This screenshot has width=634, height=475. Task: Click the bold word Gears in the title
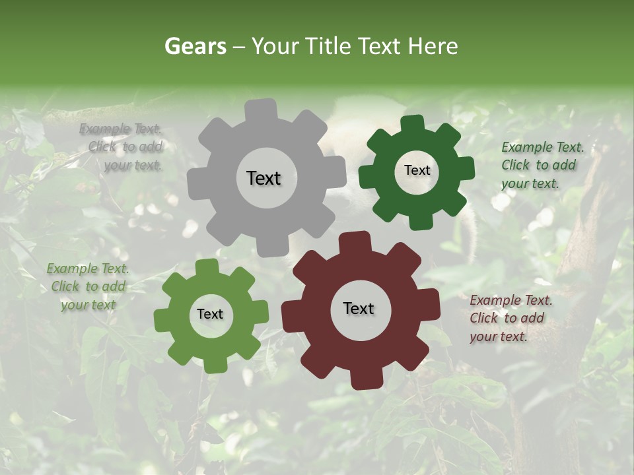(x=195, y=46)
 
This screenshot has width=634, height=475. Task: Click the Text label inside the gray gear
(x=264, y=178)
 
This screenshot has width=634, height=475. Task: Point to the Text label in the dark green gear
(x=417, y=170)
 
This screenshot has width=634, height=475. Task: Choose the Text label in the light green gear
(x=210, y=314)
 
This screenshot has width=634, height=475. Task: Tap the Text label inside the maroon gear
(x=359, y=308)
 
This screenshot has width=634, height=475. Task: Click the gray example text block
(x=123, y=147)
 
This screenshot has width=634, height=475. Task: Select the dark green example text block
(x=542, y=165)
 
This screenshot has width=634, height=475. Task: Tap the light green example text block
(x=88, y=286)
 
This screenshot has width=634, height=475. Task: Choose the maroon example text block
(x=511, y=318)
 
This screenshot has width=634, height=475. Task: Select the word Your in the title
(x=275, y=46)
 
